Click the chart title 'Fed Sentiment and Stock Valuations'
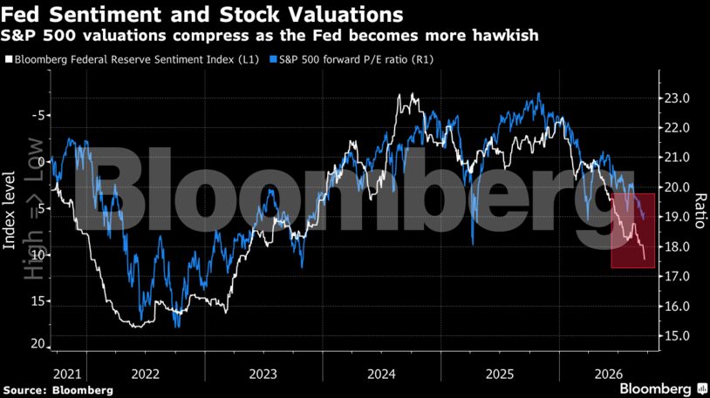pyautogui.click(x=202, y=14)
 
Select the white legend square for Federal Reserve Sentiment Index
pyautogui.click(x=9, y=59)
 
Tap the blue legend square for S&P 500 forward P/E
pyautogui.click(x=273, y=59)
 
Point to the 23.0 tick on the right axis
pyautogui.click(x=677, y=98)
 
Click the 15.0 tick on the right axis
pyautogui.click(x=677, y=336)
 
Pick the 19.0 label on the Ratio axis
pyautogui.click(x=677, y=217)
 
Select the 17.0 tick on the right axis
pyautogui.click(x=677, y=276)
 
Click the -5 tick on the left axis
pyautogui.click(x=38, y=115)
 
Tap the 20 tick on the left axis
pyautogui.click(x=38, y=344)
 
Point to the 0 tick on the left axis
pyautogui.click(x=42, y=161)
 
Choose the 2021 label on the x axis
pyautogui.click(x=67, y=374)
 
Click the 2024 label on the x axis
pyautogui.click(x=381, y=374)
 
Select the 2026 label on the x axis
pyautogui.click(x=609, y=374)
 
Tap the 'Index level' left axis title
pyautogui.click(x=9, y=210)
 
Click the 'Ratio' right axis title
pyautogui.click(x=700, y=211)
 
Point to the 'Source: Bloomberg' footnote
pyautogui.click(x=58, y=390)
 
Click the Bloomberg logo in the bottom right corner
pyautogui.click(x=664, y=388)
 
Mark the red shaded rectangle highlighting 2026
pyautogui.click(x=633, y=231)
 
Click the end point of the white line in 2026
pyautogui.click(x=645, y=260)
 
